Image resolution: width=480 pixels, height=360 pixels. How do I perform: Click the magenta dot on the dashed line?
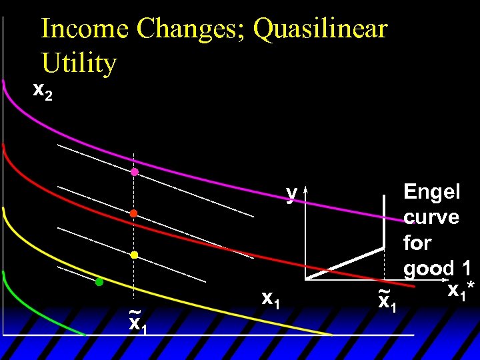(x=134, y=172)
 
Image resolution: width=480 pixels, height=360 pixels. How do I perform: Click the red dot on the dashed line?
(x=133, y=213)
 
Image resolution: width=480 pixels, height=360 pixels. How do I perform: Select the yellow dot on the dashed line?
(x=133, y=255)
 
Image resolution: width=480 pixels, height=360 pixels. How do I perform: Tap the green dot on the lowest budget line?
(x=99, y=282)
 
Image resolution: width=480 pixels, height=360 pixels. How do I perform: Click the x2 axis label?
(x=43, y=91)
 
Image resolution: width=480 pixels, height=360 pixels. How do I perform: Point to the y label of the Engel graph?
(x=291, y=193)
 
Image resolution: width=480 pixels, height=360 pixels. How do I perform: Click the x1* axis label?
(x=461, y=291)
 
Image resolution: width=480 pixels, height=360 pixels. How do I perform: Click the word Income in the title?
(x=85, y=29)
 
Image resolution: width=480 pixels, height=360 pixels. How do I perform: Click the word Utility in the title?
(x=79, y=63)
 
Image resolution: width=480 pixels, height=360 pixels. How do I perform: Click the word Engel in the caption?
(x=431, y=192)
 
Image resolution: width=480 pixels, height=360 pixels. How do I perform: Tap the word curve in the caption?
(x=431, y=217)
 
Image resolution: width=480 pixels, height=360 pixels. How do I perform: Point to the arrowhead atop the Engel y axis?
(x=305, y=191)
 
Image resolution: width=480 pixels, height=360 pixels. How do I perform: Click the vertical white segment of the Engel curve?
(x=384, y=221)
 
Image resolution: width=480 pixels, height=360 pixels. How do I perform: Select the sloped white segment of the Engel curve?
(x=345, y=263)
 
